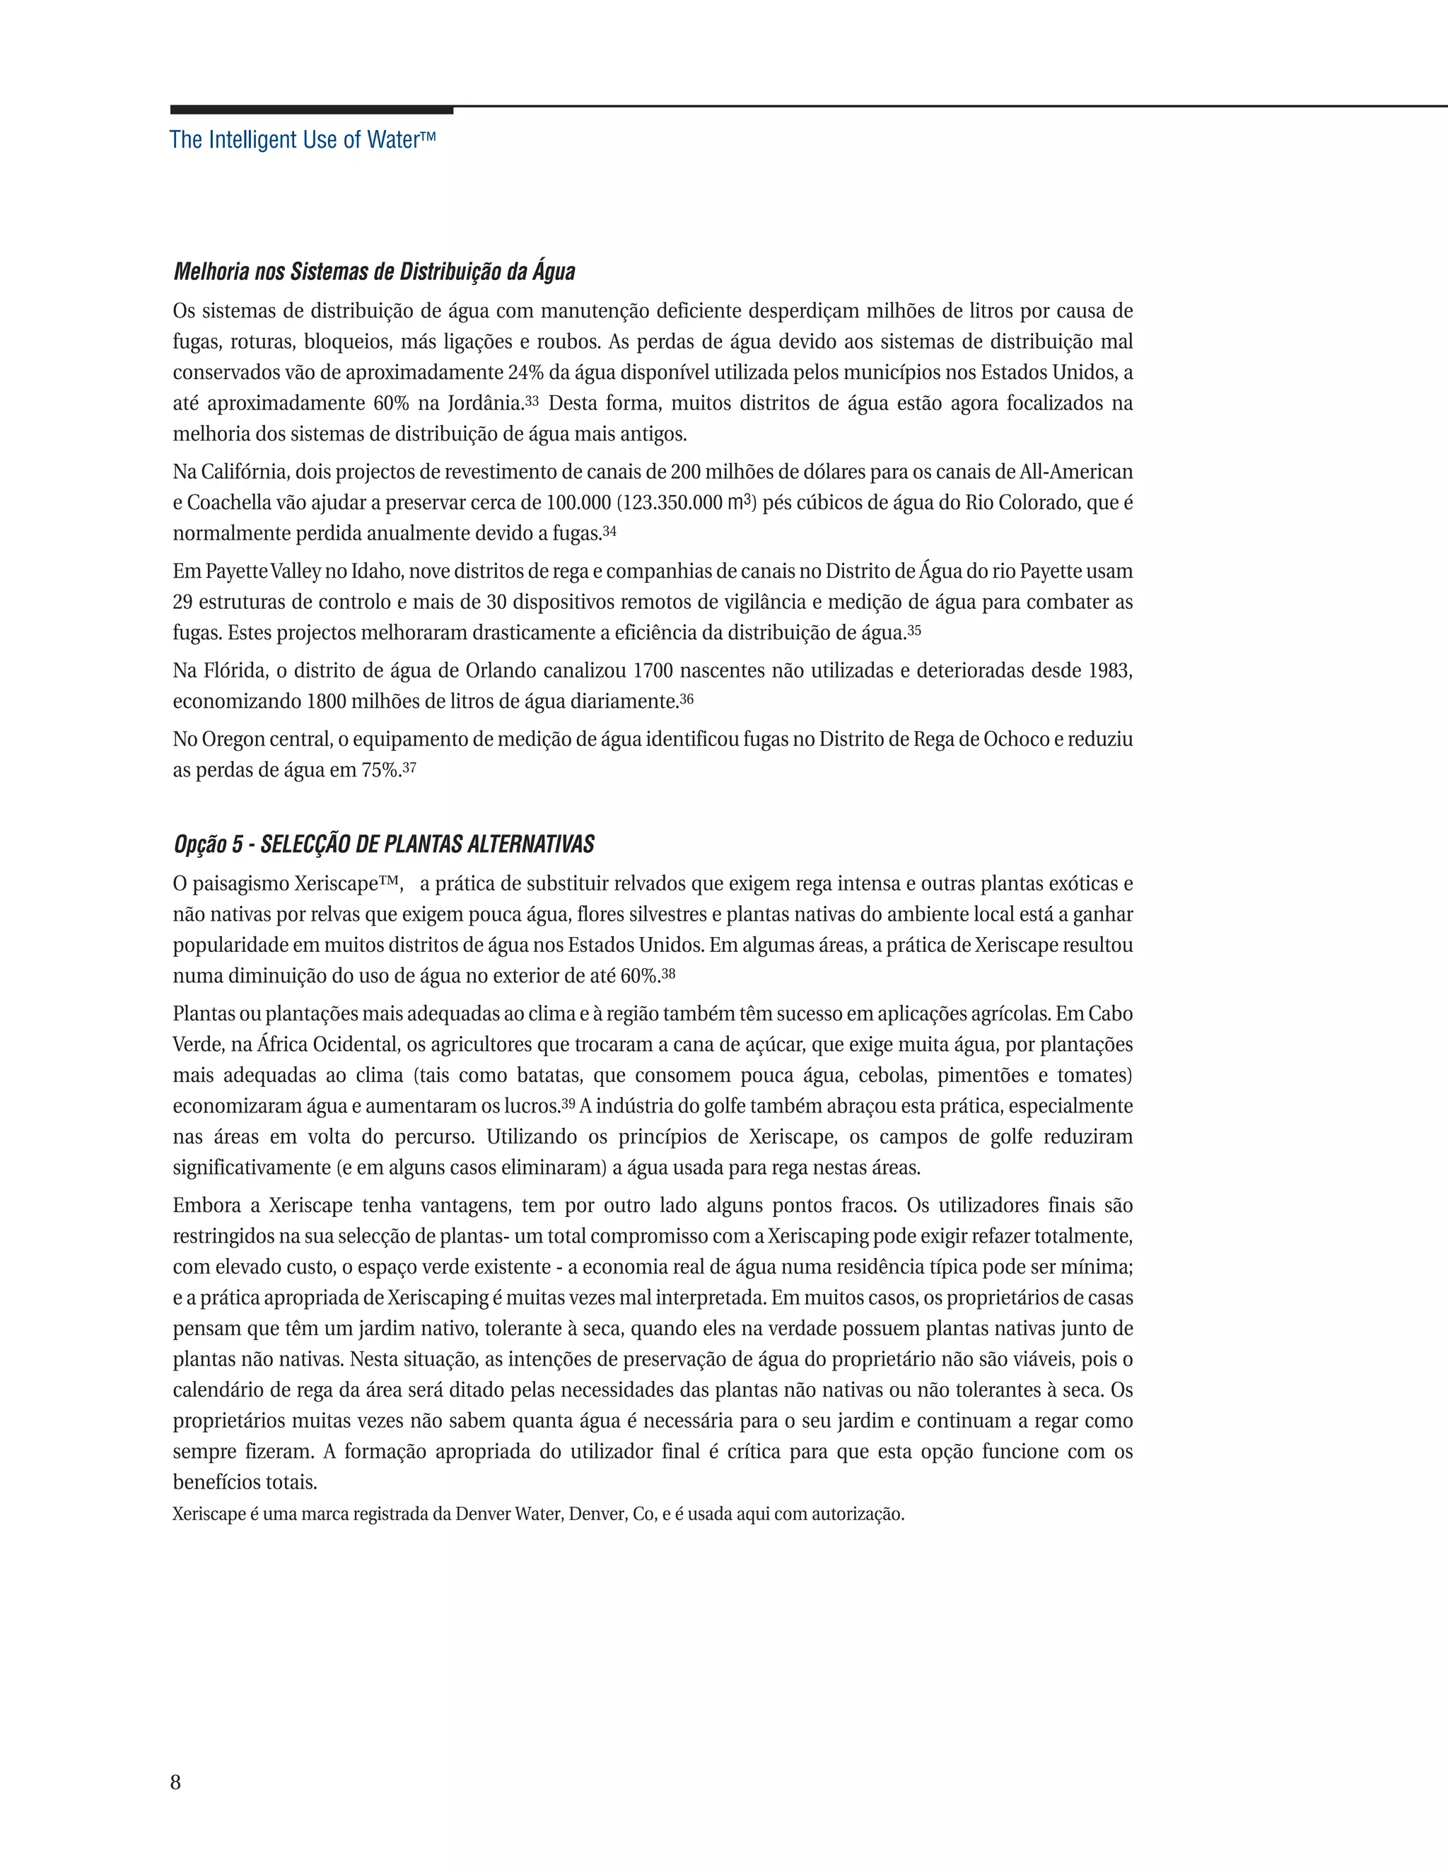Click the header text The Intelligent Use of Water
click(x=302, y=140)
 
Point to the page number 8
click(x=176, y=1782)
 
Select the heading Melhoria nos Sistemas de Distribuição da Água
click(x=374, y=272)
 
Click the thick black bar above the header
click(x=311, y=110)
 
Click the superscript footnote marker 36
click(x=687, y=699)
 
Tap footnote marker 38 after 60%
click(x=668, y=973)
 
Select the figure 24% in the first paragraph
click(x=527, y=373)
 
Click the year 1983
click(x=1109, y=671)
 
